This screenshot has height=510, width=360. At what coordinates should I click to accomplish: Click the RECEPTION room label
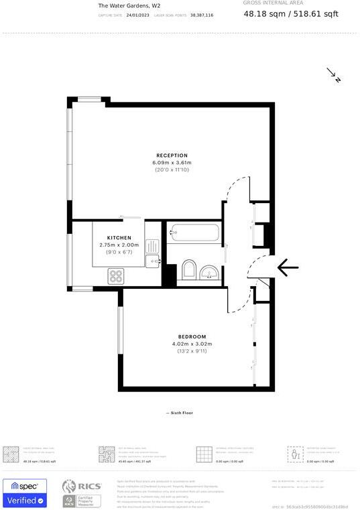click(172, 155)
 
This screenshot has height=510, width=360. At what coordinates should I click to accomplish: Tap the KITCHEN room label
click(119, 238)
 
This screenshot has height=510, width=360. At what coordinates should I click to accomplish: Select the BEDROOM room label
click(192, 336)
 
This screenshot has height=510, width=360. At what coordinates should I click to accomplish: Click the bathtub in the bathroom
click(194, 234)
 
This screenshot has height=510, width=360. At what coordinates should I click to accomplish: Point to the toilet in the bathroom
click(188, 270)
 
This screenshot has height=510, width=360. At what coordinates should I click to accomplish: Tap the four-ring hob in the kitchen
click(116, 275)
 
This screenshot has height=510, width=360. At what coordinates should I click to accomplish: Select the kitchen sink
click(154, 260)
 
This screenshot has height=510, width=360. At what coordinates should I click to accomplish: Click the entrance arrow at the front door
click(288, 267)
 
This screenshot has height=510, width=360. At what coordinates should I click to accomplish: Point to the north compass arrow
click(334, 74)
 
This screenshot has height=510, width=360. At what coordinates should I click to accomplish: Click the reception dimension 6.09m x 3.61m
click(172, 163)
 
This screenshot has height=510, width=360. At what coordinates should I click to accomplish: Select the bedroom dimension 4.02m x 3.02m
click(192, 344)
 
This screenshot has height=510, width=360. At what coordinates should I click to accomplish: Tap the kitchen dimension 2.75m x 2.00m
click(119, 245)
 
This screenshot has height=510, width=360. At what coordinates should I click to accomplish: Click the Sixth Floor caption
click(179, 413)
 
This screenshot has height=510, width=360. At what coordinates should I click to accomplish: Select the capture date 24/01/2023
click(137, 15)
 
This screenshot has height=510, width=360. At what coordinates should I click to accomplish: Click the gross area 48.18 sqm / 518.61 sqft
click(291, 13)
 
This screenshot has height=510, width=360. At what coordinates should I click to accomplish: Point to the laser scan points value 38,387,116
click(202, 15)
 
